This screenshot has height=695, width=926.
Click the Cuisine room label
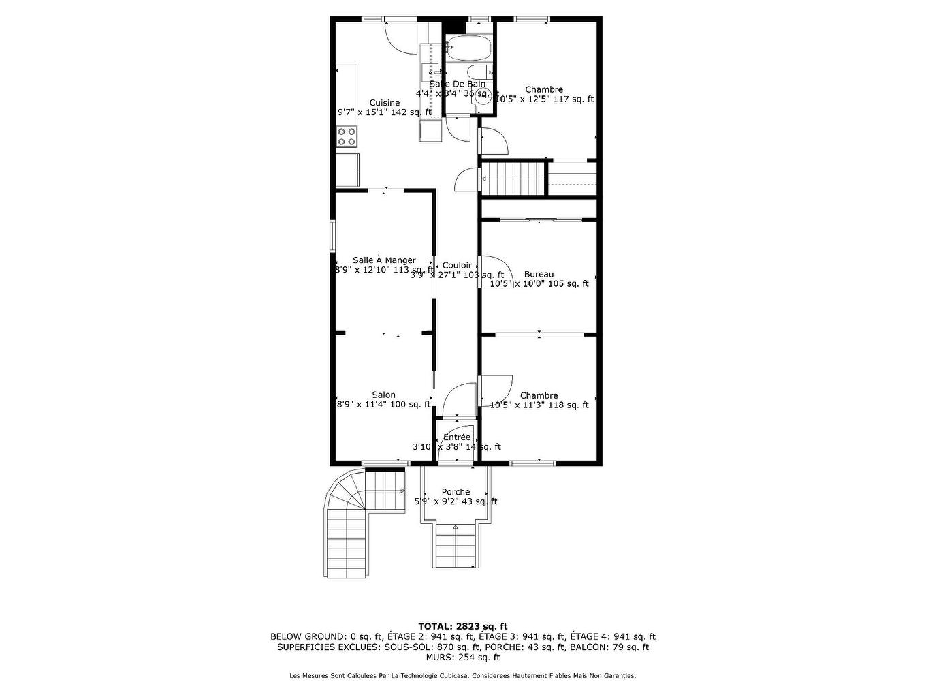pos(385,103)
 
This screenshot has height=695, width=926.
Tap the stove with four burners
pos(347,137)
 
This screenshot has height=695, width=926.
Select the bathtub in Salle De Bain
pos(468,48)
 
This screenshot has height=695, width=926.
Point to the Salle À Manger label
pos(384,260)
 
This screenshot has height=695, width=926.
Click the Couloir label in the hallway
pos(457,266)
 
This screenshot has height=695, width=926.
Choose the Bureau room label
pos(539,274)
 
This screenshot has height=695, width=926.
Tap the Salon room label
pos(383,395)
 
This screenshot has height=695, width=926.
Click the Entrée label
pos(457,437)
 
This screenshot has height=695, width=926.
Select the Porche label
pos(456,492)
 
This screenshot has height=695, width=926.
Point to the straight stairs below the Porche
pos(456,545)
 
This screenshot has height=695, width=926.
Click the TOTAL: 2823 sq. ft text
pos(462,626)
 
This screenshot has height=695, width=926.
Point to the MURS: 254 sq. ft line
pos(462,658)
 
